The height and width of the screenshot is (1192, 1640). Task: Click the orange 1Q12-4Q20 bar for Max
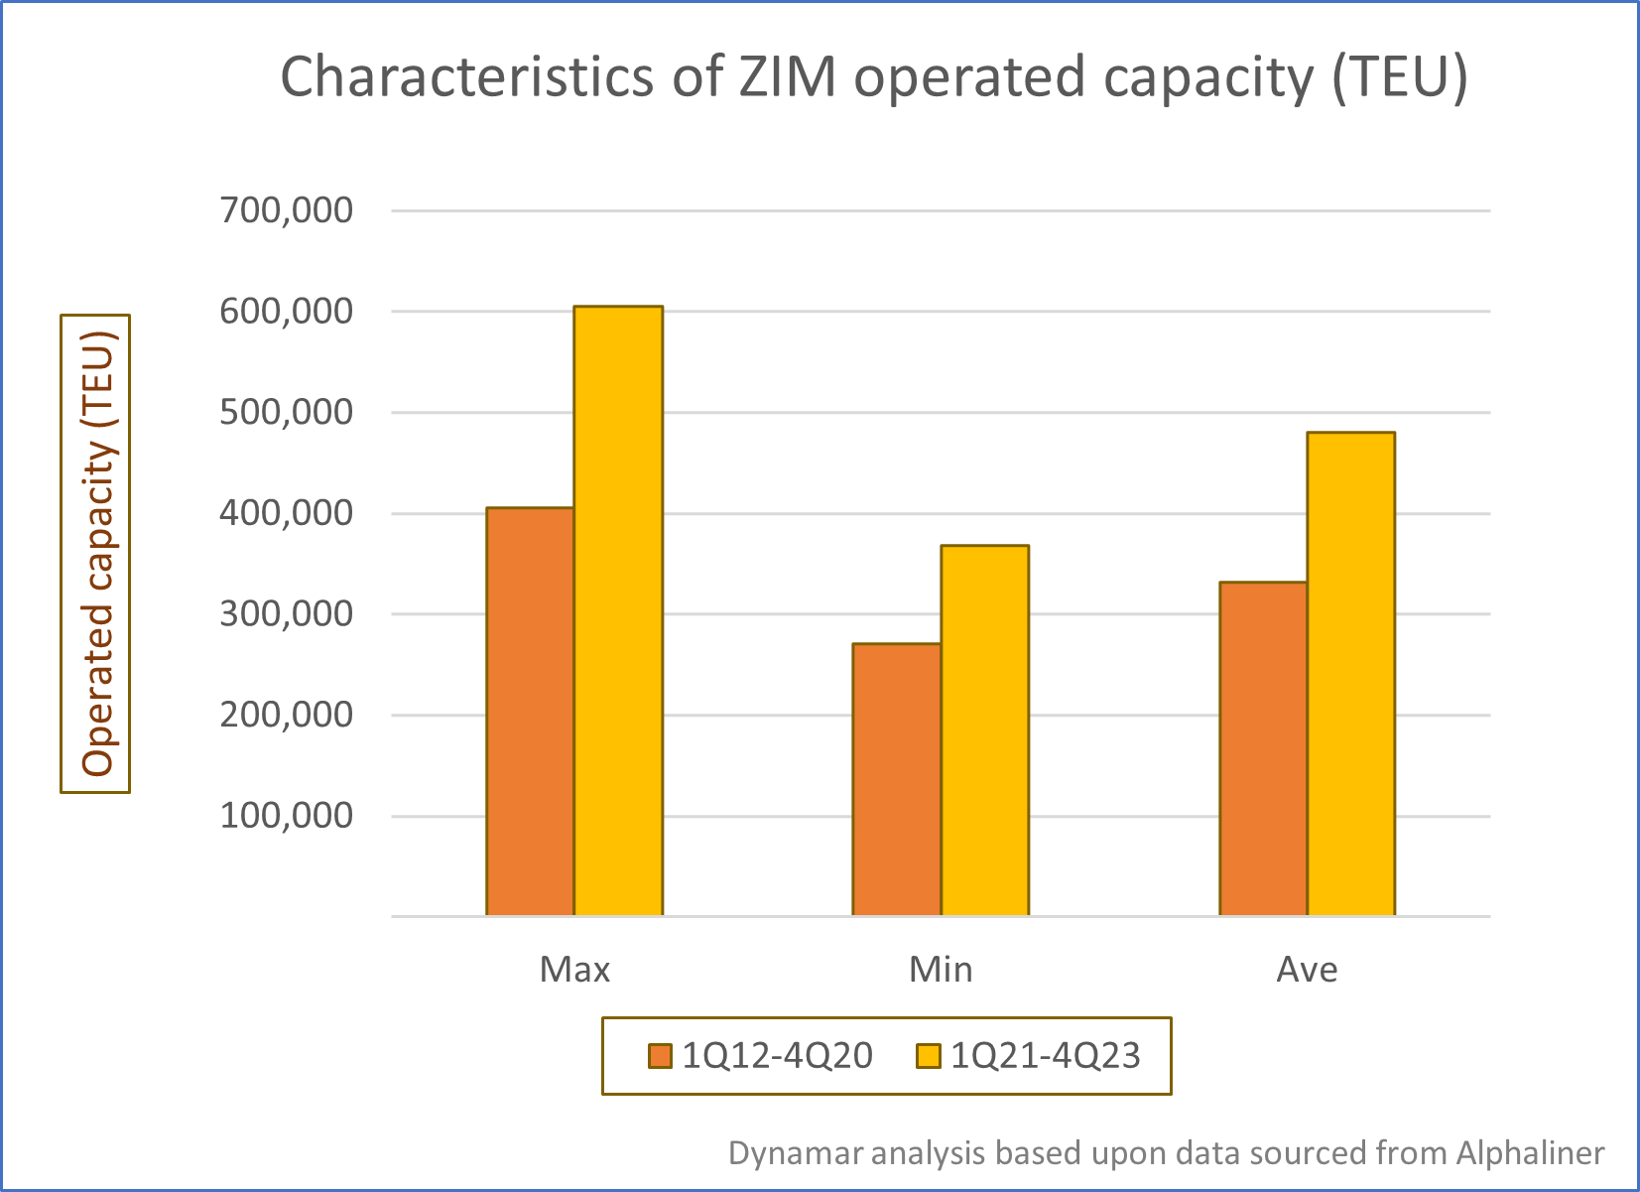point(530,712)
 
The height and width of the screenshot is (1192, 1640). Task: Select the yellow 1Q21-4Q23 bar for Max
point(618,610)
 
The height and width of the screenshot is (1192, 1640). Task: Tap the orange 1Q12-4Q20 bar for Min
point(896,779)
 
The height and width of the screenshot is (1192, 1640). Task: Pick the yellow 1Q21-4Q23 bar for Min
point(984,729)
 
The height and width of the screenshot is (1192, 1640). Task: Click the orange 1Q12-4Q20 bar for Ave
point(1262,748)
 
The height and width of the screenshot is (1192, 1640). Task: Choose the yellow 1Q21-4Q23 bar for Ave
point(1350,673)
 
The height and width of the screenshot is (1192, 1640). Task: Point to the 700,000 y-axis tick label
point(287,209)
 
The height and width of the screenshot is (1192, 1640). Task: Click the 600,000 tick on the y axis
point(287,311)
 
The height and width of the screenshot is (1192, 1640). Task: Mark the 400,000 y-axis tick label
point(287,512)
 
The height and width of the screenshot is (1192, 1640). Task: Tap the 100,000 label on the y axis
point(287,815)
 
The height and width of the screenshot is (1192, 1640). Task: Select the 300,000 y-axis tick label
point(287,613)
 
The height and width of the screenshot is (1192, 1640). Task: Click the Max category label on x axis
point(574,969)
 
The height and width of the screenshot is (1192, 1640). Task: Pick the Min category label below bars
point(941,969)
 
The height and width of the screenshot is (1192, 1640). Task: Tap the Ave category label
point(1307,969)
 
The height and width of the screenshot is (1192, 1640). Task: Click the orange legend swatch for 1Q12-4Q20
point(660,1055)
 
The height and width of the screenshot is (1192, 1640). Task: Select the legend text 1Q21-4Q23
point(1045,1055)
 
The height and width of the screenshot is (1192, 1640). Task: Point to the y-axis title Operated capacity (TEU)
point(97,554)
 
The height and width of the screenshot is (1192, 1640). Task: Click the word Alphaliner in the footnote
point(1530,1152)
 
